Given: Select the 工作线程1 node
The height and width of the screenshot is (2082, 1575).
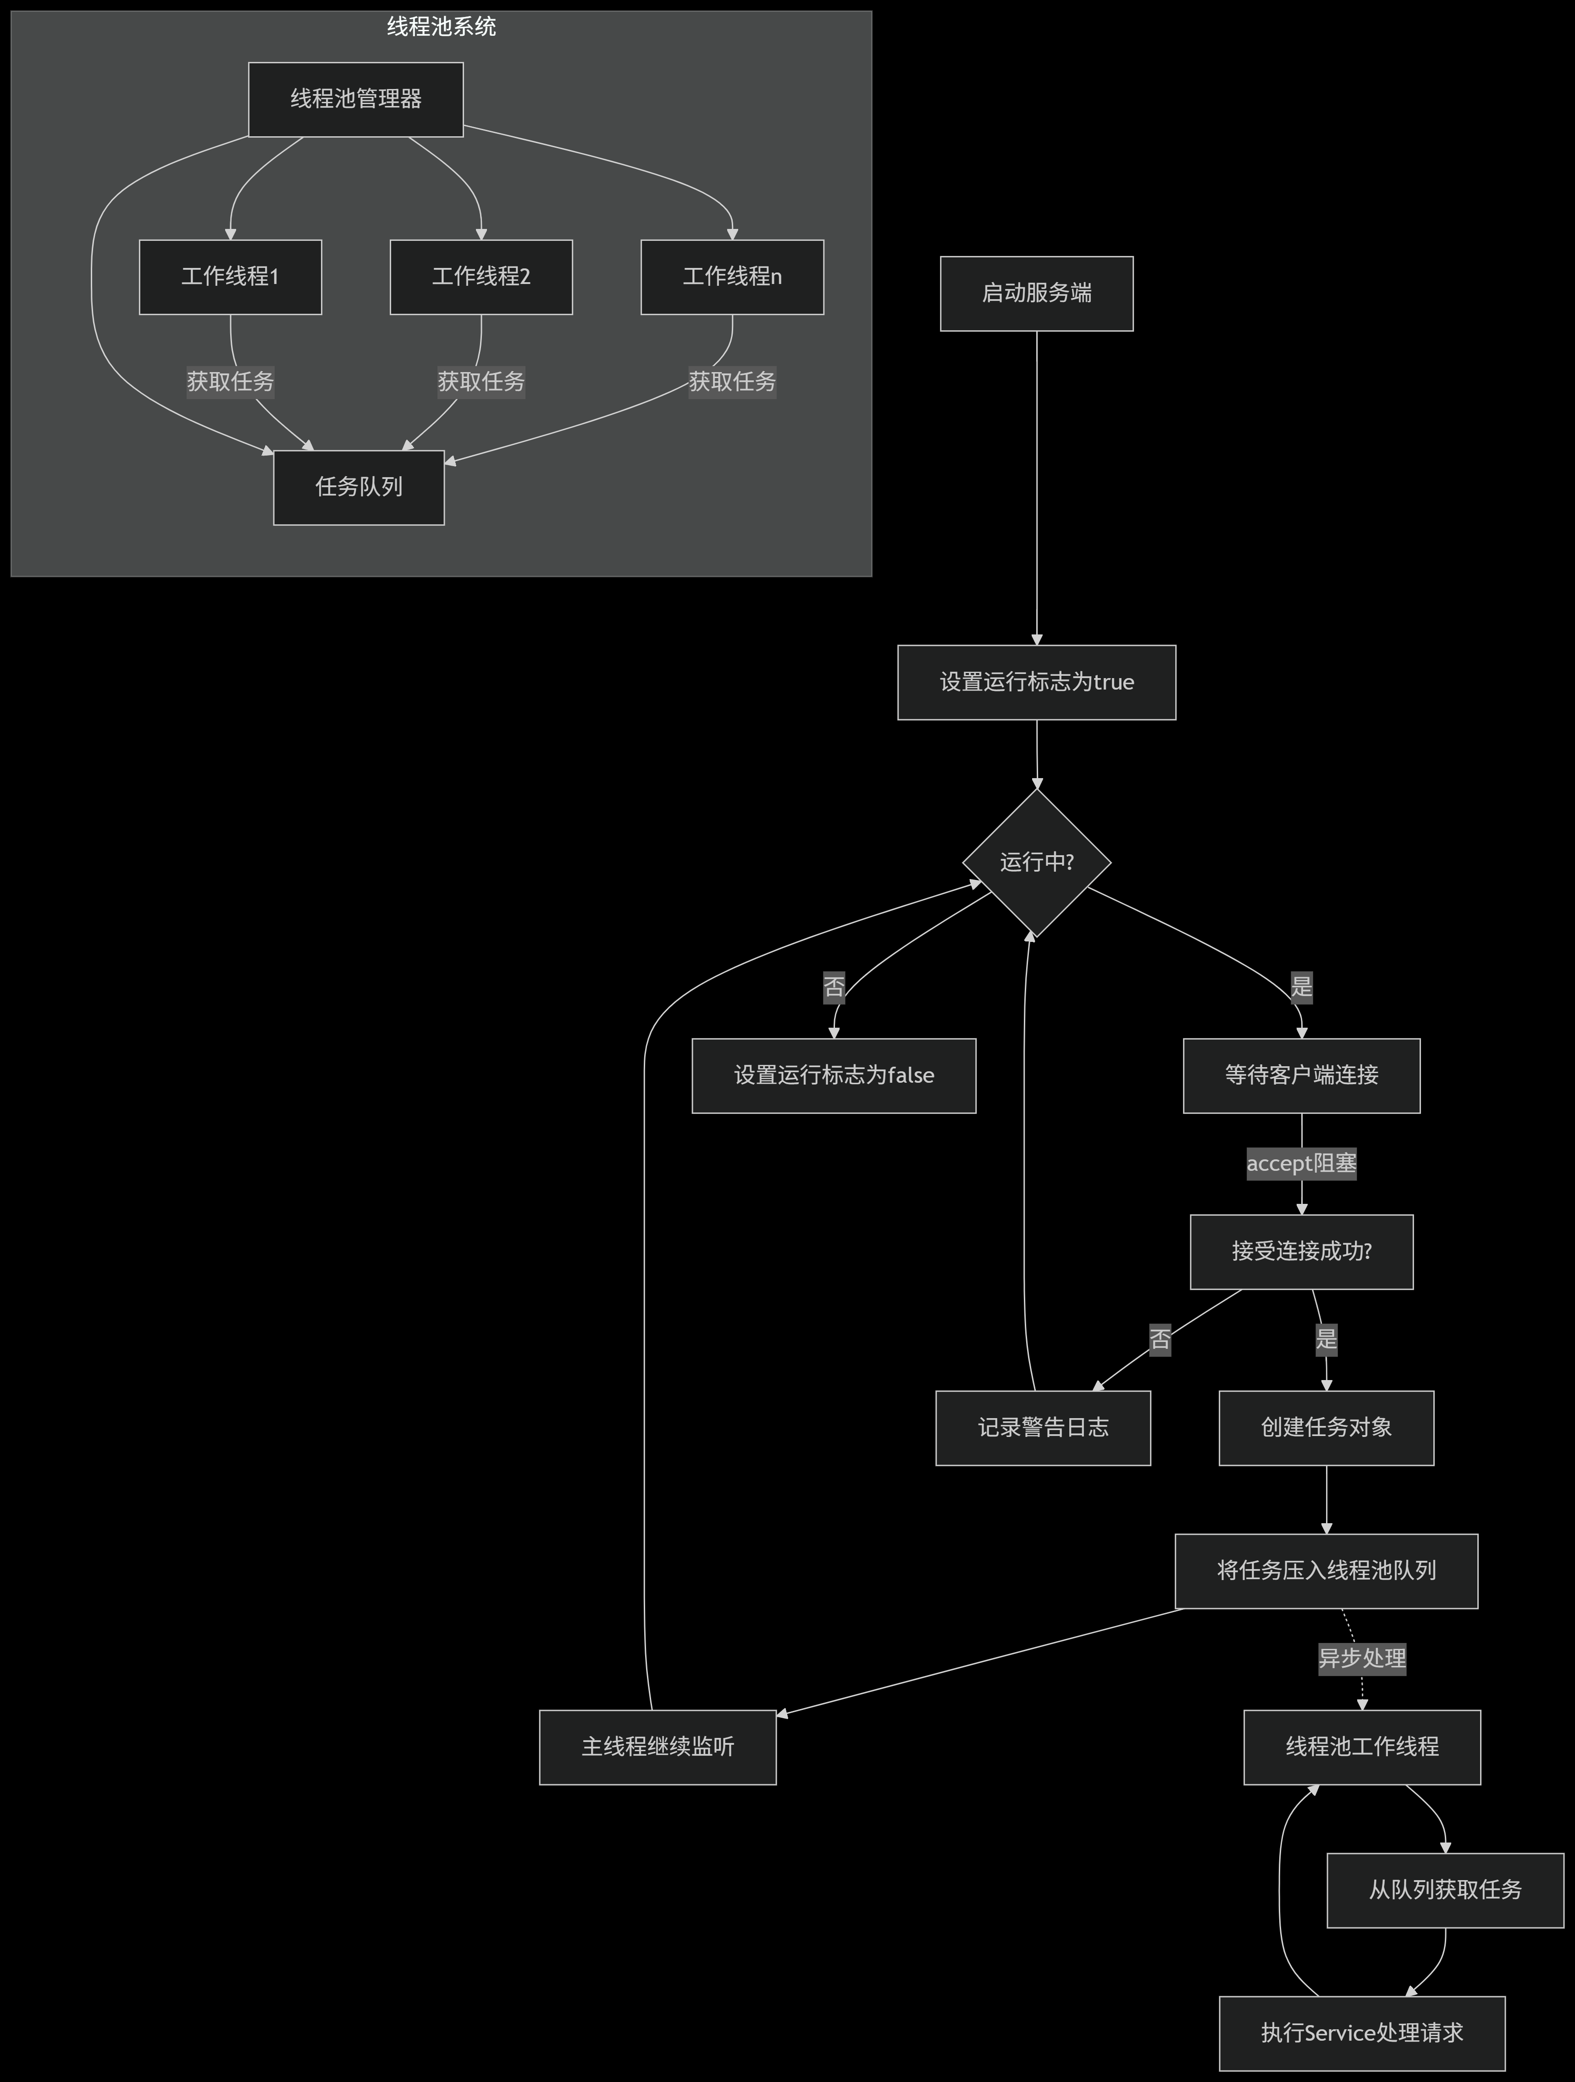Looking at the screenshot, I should point(231,277).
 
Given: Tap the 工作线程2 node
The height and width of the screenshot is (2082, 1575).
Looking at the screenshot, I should point(481,277).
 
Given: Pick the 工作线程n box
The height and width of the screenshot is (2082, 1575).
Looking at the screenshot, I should point(732,277).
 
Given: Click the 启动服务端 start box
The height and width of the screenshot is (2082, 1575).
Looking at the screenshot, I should point(1036,294).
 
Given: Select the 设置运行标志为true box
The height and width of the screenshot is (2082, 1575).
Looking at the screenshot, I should point(1036,682).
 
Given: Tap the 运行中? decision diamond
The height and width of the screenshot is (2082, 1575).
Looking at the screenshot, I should point(1036,862).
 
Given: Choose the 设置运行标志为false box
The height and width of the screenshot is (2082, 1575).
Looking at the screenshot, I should point(834,1076).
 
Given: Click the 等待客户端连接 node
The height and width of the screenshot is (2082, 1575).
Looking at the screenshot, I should point(1301,1076).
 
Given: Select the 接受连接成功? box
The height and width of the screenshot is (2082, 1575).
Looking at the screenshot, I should point(1301,1252).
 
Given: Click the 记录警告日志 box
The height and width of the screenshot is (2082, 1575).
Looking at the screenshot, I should point(1043,1428).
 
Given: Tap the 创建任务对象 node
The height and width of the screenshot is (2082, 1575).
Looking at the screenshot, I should point(1326,1428).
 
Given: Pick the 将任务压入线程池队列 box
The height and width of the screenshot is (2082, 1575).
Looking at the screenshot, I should point(1326,1571).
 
